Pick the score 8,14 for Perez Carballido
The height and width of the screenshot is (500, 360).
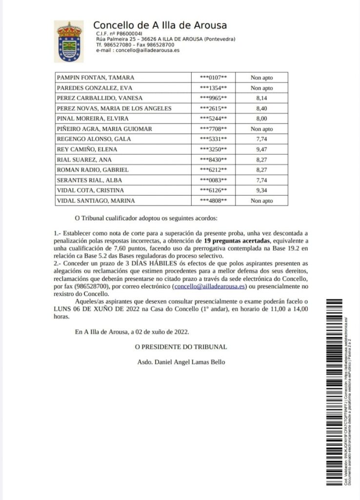(x=261, y=98)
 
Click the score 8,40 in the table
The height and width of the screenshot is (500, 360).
(x=261, y=108)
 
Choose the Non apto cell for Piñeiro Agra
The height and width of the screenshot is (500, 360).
(x=261, y=129)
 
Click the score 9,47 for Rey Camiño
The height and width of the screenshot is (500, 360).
(x=261, y=149)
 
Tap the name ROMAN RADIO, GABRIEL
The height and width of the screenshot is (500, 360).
(x=93, y=170)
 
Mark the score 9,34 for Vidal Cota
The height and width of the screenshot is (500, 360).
(x=261, y=190)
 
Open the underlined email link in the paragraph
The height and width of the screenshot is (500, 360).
(x=210, y=287)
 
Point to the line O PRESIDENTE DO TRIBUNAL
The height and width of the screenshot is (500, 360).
(x=181, y=347)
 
